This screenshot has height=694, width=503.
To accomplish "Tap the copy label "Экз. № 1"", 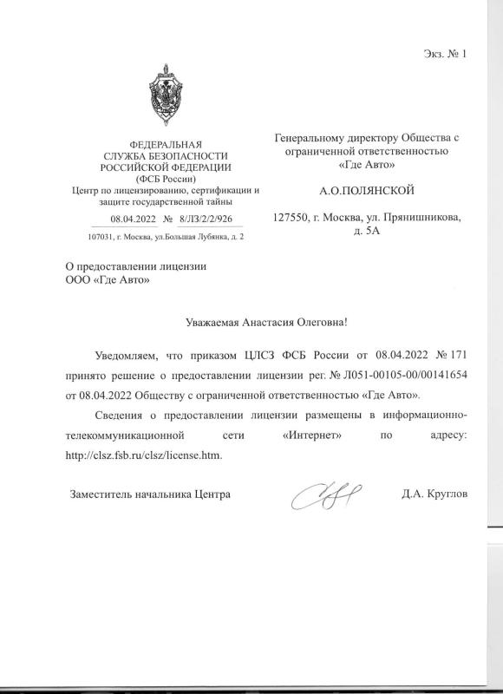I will (445, 55).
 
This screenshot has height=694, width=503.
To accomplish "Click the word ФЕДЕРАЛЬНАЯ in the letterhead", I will (165, 143).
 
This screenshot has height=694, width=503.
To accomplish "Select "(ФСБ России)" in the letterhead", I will (165, 177).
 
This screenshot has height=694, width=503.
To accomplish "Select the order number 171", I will (457, 379).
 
